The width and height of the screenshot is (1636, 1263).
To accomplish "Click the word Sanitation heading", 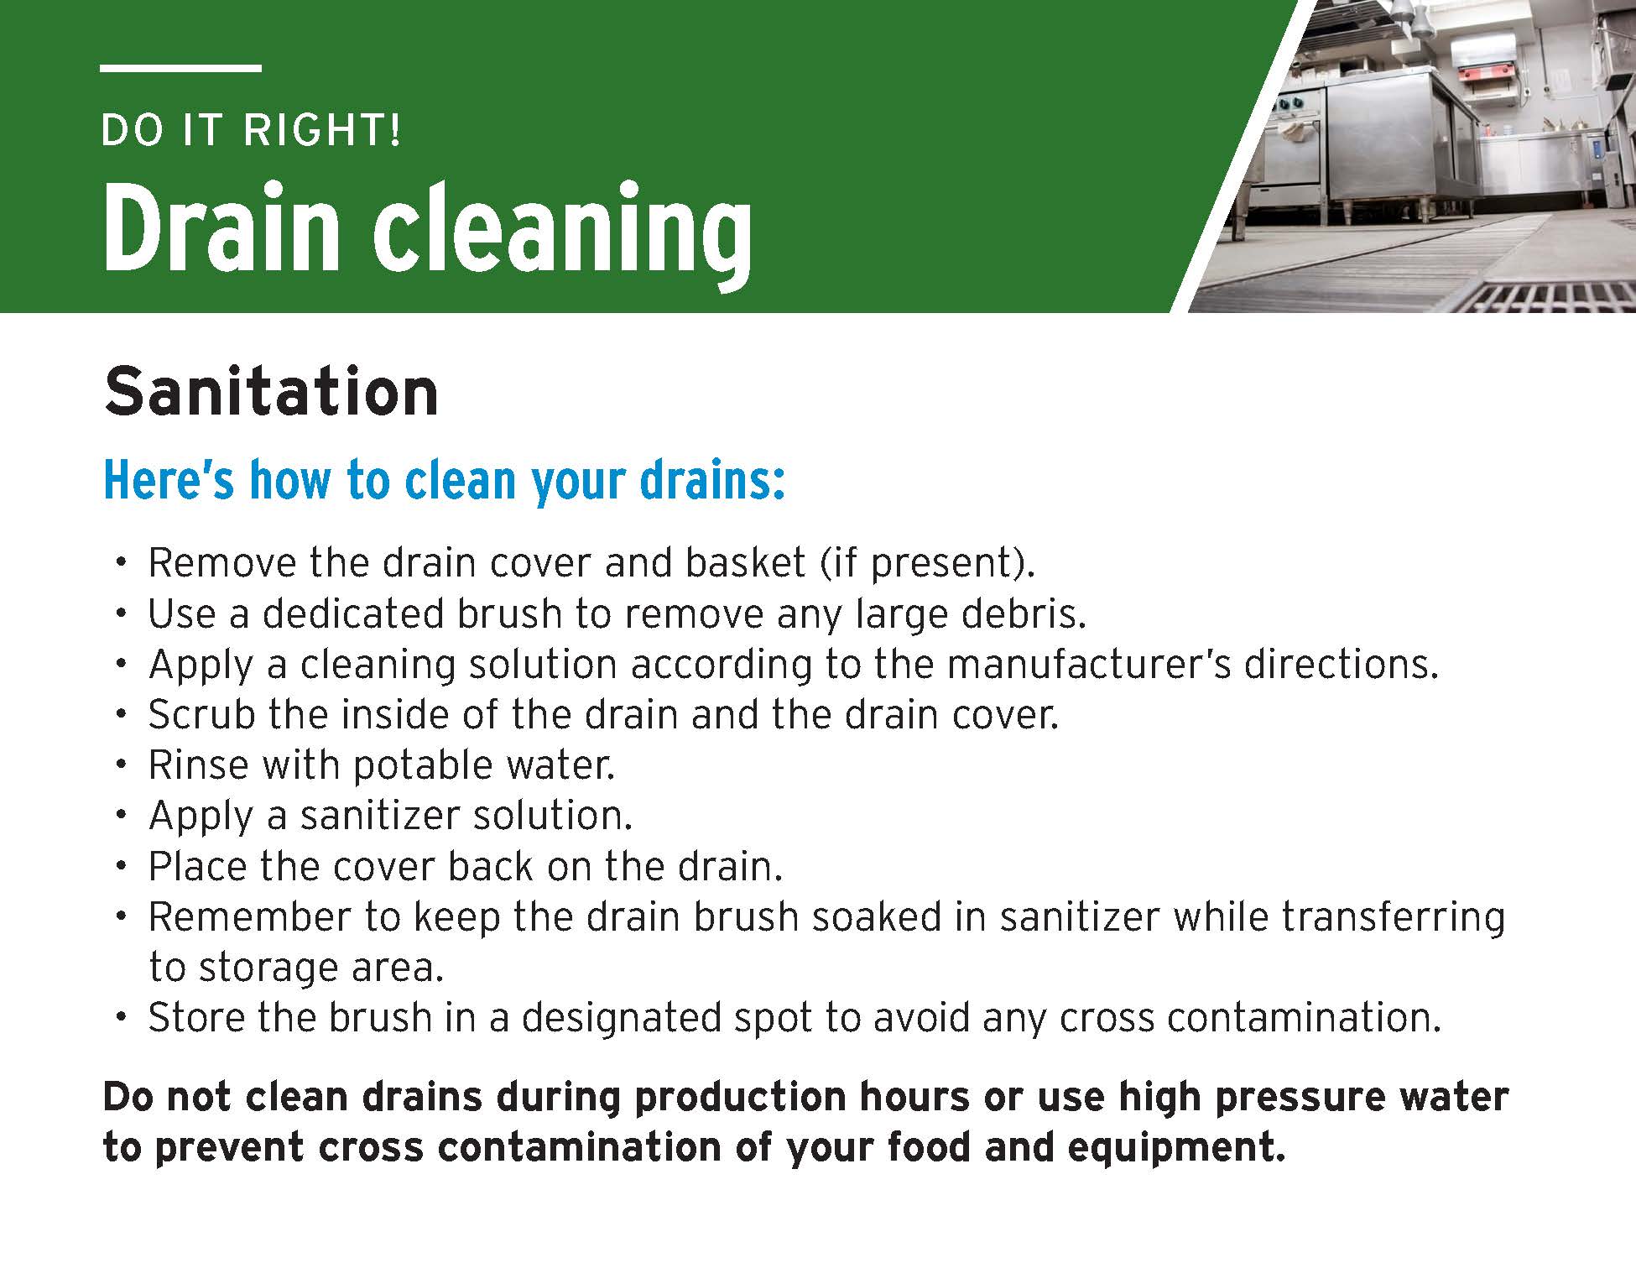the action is [271, 392].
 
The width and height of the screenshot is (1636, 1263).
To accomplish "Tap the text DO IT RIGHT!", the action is [251, 130].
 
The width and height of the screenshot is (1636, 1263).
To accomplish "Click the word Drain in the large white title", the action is [220, 229].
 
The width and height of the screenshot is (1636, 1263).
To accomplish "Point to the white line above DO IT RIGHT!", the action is [180, 68].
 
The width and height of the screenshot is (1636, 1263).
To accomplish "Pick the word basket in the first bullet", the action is [746, 562].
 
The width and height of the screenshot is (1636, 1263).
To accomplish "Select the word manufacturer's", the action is [1089, 664].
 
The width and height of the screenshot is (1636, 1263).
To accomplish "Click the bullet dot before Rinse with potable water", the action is [122, 765].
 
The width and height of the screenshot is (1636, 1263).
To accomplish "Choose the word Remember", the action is [249, 916].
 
